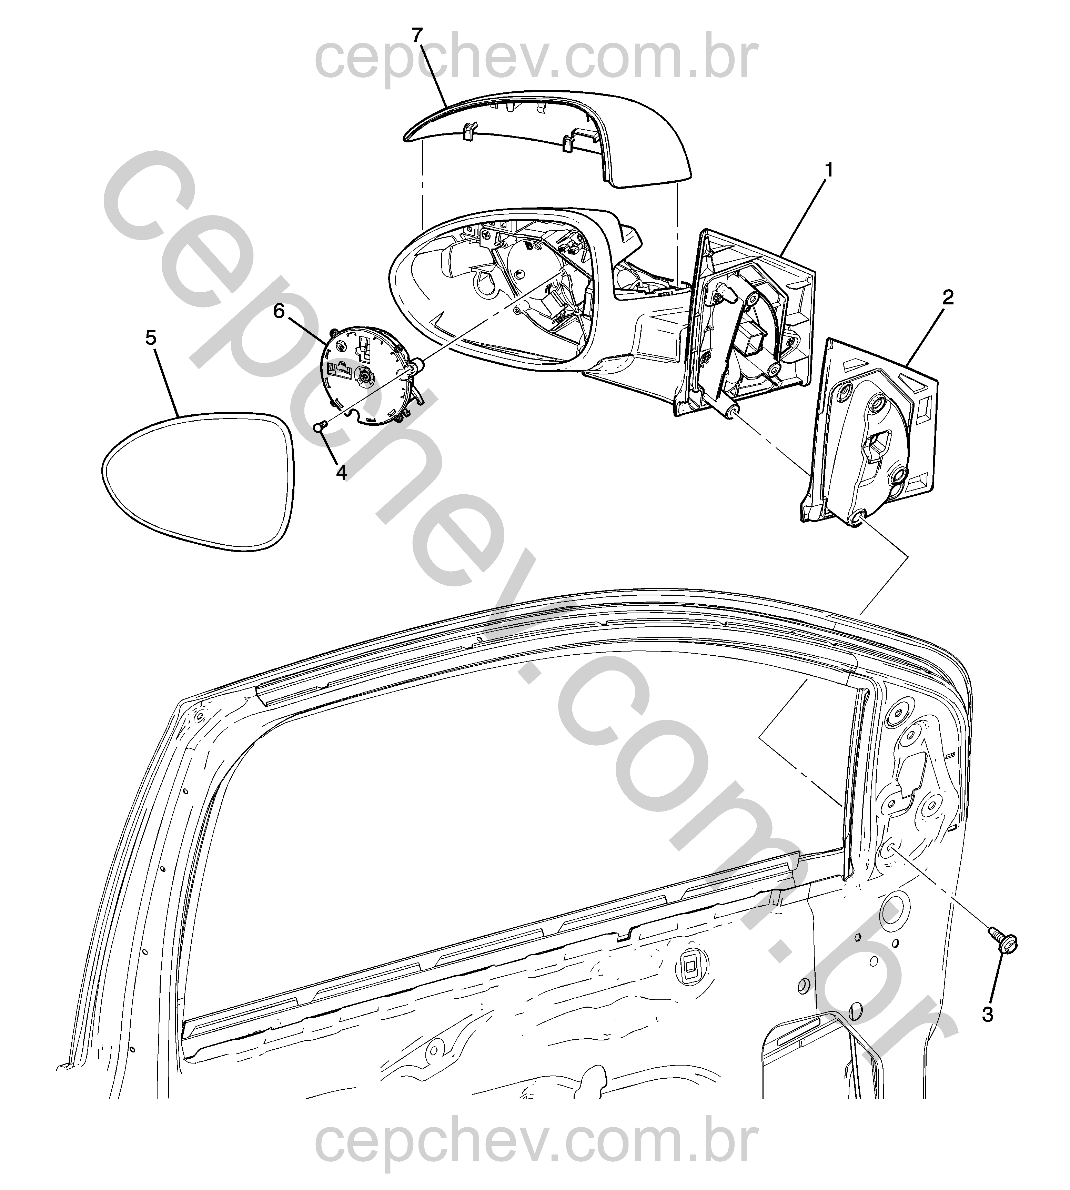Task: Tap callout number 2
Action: pyautogui.click(x=947, y=298)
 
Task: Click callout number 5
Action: pyautogui.click(x=151, y=338)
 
